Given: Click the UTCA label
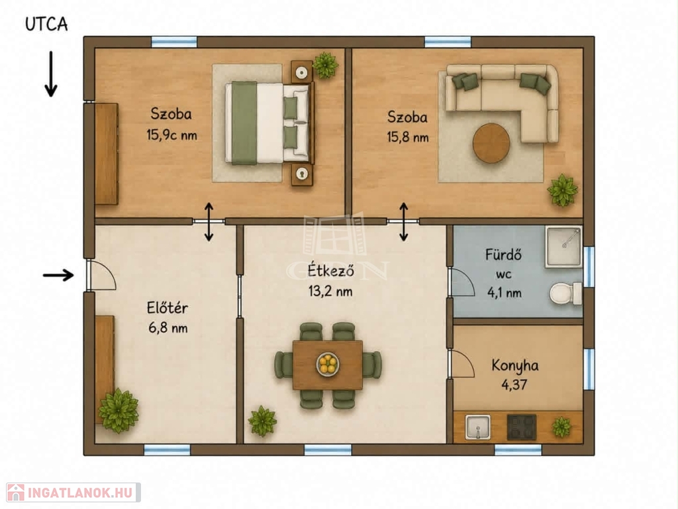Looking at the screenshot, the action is pos(46,25).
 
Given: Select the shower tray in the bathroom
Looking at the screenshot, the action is pos(563,247).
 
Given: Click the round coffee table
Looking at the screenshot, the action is pos(491,143).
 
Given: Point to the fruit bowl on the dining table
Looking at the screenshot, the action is pos(328,364).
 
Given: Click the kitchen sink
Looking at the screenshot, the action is pos(478,427).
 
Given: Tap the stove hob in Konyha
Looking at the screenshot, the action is pos(522,427).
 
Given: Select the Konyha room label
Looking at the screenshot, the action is pos(515,366).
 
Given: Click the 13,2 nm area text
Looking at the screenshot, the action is pos(330,292).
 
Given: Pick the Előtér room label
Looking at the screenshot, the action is pos(168,308).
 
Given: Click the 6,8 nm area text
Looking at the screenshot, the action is pos(168,327).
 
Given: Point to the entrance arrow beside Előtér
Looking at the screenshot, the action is pos(58,275).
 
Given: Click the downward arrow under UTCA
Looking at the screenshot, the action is pos(51,74).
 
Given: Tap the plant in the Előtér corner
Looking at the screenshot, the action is pos(119,410).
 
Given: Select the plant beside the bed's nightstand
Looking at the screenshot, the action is pos(324,65).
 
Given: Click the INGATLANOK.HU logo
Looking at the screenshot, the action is pos(73,492).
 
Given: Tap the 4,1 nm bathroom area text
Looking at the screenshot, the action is pos(504,293).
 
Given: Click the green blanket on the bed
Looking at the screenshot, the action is pos(244,123).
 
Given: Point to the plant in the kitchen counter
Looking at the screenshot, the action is pos(561,427).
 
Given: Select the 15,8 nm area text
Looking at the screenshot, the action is pos(408,138).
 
